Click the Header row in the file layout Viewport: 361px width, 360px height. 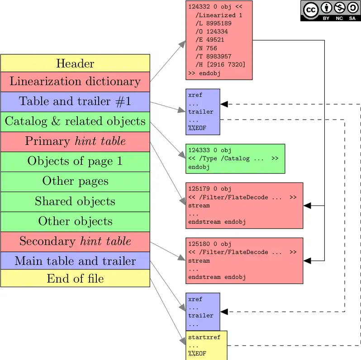pos(75,63)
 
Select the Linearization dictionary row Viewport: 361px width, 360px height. pos(75,82)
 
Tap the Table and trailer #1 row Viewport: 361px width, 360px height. pos(75,101)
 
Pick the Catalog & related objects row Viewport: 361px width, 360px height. pos(75,121)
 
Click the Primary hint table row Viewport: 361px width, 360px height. pos(75,141)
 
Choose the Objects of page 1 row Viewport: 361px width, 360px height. pos(75,161)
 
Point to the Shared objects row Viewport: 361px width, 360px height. pos(75,201)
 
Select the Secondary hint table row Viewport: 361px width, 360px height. pos(75,241)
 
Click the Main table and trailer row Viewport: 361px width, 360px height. pos(75,261)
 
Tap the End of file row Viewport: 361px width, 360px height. pos(75,278)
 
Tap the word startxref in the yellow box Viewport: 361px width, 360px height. pos(204,337)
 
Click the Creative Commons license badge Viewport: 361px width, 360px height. pos(330,10)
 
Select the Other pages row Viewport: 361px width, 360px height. pos(75,181)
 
